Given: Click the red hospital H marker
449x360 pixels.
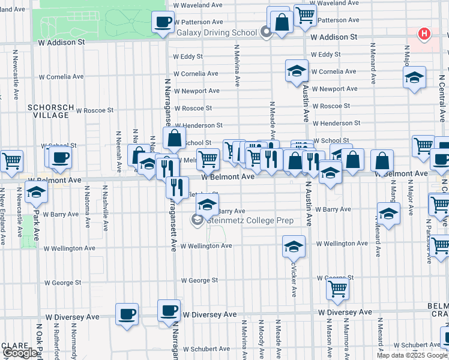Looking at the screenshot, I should pos(424,34).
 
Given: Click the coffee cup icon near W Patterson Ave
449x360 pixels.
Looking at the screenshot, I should pos(163,23).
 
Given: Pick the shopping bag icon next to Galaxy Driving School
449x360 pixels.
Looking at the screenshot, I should pos(281,22).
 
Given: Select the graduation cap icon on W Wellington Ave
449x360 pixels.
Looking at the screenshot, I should pos(294,246).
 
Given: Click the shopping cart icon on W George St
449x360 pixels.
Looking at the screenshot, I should pos(337,289).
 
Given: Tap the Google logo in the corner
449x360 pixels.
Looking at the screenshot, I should pos(19,353).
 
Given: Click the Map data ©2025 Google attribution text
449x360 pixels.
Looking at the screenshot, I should pos(412,355).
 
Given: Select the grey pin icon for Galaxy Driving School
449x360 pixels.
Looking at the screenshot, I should pos(267,33).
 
